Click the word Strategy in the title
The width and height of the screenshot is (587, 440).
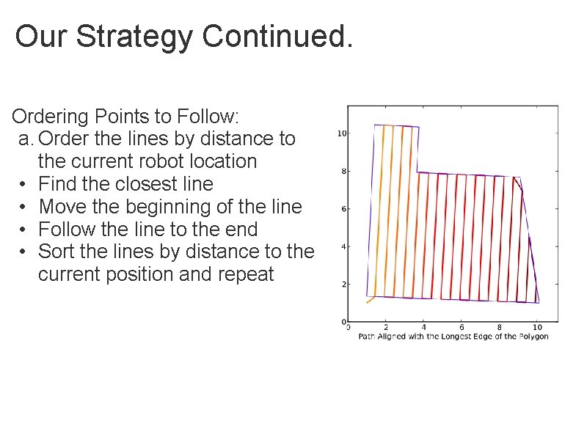coord(136,37)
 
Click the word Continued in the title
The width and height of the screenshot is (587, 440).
coord(277,37)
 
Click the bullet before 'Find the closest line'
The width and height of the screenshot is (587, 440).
coord(24,184)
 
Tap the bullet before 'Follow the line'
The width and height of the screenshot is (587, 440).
coord(24,230)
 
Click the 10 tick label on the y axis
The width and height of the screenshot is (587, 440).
coord(341,133)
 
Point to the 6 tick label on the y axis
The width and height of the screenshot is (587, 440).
coord(343,209)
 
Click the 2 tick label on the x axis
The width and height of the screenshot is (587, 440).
coord(385,327)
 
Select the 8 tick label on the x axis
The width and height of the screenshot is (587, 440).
coord(499,327)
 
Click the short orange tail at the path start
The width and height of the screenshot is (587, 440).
coord(371,299)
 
